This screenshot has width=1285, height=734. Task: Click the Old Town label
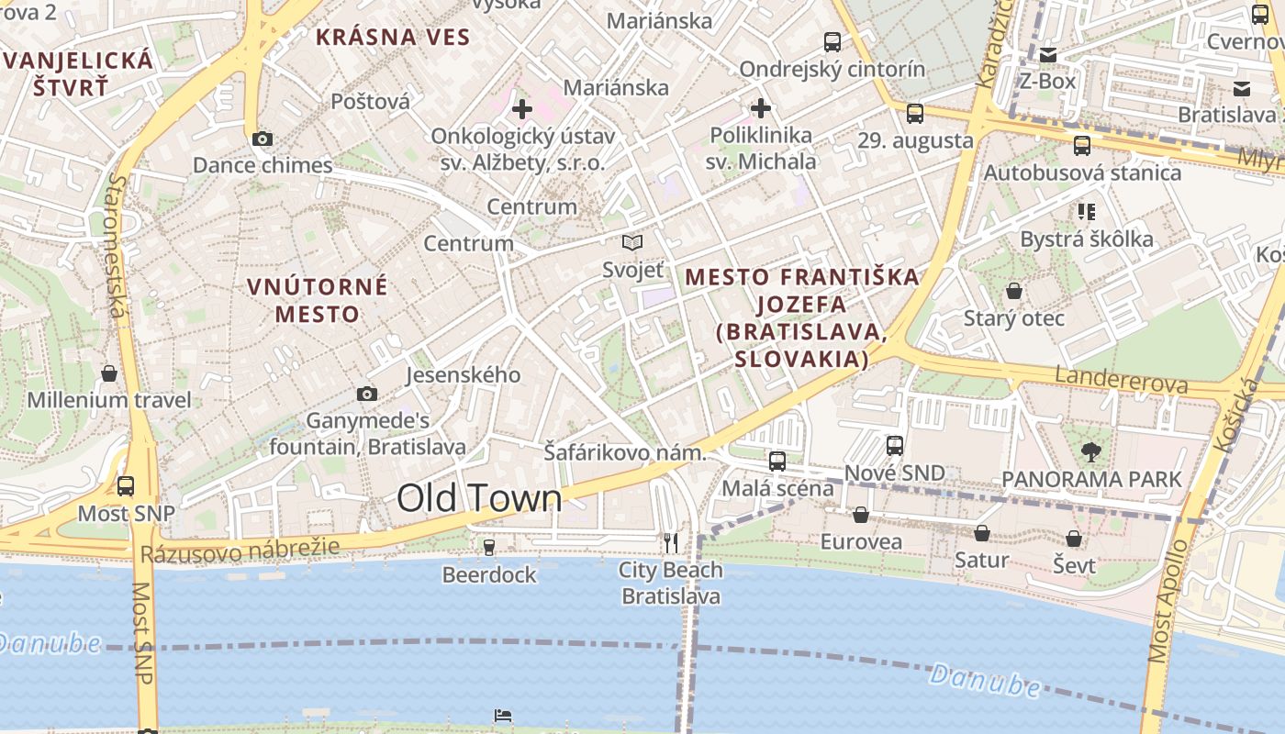[x=479, y=497]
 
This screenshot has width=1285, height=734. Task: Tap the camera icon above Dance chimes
[x=263, y=139]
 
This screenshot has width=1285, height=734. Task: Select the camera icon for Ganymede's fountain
[x=367, y=395]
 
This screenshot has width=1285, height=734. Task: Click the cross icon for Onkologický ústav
[x=522, y=109]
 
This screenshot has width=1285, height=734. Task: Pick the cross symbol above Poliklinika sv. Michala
[x=761, y=108]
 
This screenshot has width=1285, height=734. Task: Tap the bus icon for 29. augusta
[x=915, y=114]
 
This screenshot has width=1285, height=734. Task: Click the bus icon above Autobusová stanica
[x=1082, y=146]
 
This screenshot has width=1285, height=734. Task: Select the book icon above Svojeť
[x=632, y=242]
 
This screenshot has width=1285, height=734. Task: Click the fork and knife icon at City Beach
[x=671, y=543]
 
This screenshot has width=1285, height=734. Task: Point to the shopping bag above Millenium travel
[x=109, y=373]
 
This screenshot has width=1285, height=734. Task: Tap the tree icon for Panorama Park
[x=1091, y=451]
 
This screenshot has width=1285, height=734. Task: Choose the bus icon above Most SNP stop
[x=126, y=486]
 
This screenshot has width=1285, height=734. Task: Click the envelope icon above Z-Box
[x=1048, y=55]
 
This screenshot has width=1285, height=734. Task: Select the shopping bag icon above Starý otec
[x=1014, y=292]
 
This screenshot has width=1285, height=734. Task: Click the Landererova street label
[x=1122, y=380]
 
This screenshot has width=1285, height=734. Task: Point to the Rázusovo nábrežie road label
[x=240, y=550]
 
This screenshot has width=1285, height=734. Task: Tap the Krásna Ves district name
[x=393, y=38]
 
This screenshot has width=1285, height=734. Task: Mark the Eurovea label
[x=861, y=541]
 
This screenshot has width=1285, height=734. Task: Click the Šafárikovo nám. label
[x=624, y=452]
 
